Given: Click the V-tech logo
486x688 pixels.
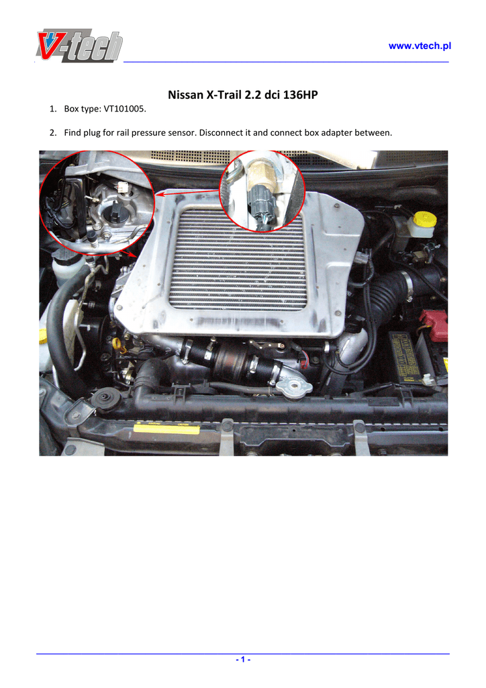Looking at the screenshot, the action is (79, 46).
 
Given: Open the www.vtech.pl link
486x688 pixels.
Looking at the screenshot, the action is (420, 46).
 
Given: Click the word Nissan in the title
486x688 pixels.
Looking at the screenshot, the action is (185, 95).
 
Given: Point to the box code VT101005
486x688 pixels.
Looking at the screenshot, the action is (124, 109).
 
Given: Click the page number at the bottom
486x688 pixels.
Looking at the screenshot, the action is (243, 660).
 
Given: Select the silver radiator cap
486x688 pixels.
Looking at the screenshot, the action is (295, 386).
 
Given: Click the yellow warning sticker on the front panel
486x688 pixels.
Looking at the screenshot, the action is (166, 428).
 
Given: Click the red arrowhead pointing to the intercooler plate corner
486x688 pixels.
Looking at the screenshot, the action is (160, 194).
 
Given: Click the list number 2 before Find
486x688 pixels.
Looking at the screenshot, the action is (53, 132).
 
